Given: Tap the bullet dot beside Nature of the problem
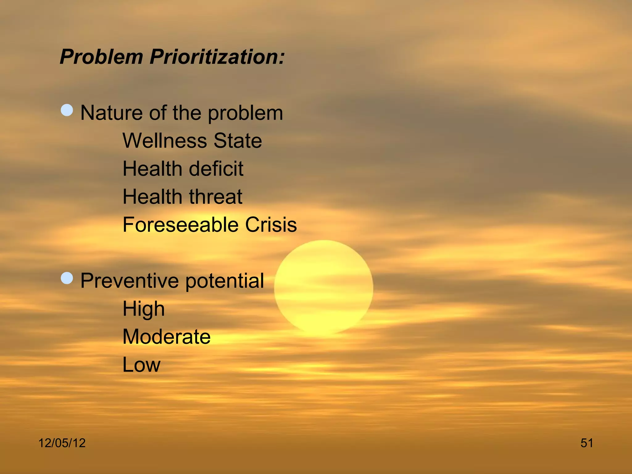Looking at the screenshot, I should [x=67, y=110].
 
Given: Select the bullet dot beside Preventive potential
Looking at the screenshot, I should [x=67, y=278].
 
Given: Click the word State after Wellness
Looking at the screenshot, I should [x=238, y=141].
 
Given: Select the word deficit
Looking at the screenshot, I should [x=216, y=169].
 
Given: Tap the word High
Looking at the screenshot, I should [x=143, y=309].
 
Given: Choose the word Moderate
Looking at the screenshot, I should [x=167, y=337].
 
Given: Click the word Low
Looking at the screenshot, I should [x=141, y=365].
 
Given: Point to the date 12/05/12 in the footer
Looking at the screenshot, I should [x=62, y=443].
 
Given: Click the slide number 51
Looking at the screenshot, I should [x=587, y=443].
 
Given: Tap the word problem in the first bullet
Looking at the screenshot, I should [x=245, y=113].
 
